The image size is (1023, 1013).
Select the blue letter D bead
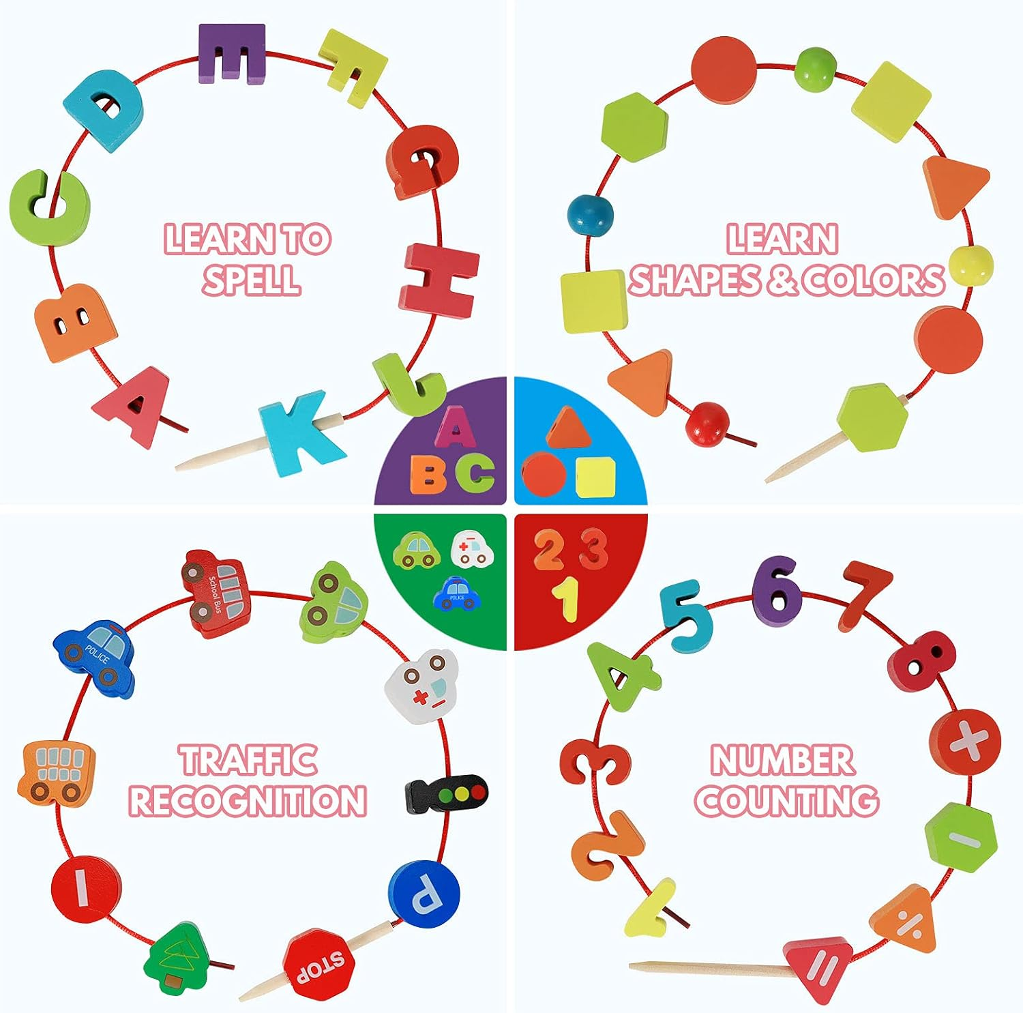[x=106, y=109]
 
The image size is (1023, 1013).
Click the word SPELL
[x=251, y=279]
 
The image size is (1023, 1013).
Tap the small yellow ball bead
[x=970, y=265]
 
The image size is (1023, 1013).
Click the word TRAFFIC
[x=248, y=760]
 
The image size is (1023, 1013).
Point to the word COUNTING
[x=786, y=801]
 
